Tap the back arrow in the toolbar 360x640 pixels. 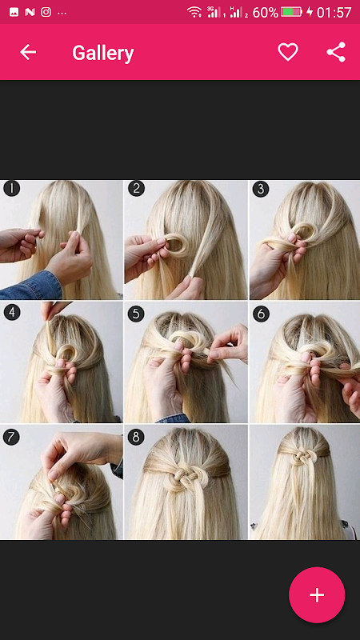click(28, 52)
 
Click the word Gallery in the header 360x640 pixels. click(103, 53)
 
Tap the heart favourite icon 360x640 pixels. click(288, 52)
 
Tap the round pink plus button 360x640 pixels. click(317, 594)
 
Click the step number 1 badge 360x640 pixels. click(12, 189)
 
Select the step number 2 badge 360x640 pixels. click(136, 189)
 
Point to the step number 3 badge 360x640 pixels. click(261, 189)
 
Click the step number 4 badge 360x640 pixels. click(12, 312)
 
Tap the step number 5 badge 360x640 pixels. click(136, 314)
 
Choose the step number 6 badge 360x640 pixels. click(261, 314)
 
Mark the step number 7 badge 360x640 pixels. click(11, 437)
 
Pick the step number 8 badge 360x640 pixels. click(136, 437)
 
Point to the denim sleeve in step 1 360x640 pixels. click(30, 286)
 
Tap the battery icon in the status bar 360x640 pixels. click(292, 12)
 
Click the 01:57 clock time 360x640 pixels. click(334, 12)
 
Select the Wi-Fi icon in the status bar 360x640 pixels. click(194, 12)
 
